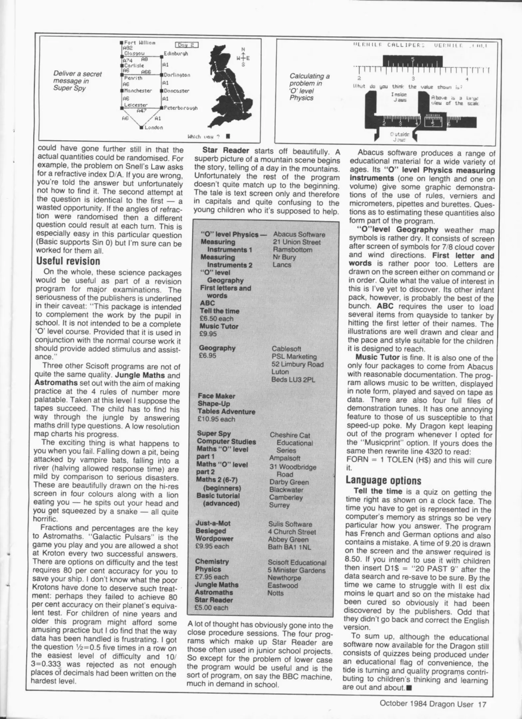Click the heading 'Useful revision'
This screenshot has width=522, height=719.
[68, 261]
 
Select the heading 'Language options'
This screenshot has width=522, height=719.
[383, 480]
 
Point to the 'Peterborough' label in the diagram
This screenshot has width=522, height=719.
[181, 108]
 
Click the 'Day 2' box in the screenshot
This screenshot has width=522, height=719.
[187, 45]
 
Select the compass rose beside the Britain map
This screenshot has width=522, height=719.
[243, 58]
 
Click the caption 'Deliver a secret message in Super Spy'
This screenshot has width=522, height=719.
[77, 81]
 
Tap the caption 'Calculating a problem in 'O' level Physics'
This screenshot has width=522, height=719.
[309, 87]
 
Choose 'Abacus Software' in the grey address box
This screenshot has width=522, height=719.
[299, 235]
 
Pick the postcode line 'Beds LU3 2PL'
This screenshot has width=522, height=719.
[293, 379]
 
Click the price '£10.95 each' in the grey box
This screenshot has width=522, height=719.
[216, 419]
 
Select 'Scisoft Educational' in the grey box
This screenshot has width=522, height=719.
[297, 563]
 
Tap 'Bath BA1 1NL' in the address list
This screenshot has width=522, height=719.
[289, 547]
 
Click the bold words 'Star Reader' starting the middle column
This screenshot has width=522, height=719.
[226, 151]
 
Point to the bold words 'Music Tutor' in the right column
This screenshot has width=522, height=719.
[377, 358]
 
